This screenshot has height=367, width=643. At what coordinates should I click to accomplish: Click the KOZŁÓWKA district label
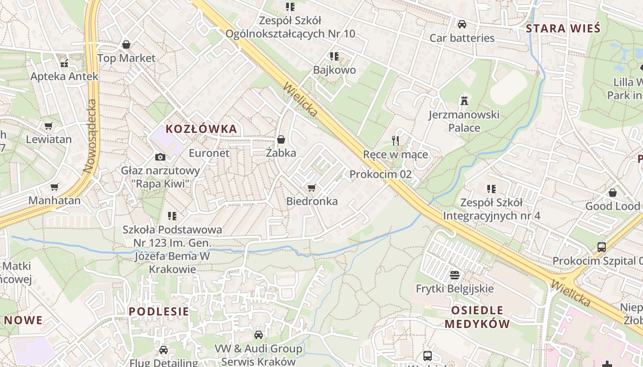pyautogui.click(x=201, y=129)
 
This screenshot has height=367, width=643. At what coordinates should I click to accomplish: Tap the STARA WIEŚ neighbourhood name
pyautogui.click(x=563, y=28)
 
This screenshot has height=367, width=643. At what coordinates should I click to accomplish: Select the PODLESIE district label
pyautogui.click(x=158, y=311)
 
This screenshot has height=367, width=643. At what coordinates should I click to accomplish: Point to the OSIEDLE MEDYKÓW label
pyautogui.click(x=477, y=317)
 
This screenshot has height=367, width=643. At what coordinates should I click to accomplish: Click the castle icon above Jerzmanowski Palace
pyautogui.click(x=464, y=100)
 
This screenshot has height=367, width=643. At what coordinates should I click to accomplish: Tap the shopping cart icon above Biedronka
pyautogui.click(x=312, y=188)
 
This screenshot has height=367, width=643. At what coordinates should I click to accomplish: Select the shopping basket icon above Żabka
pyautogui.click(x=281, y=139)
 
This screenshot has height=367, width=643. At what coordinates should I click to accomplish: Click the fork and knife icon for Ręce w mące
pyautogui.click(x=395, y=140)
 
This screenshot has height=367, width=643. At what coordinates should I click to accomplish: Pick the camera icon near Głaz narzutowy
pyautogui.click(x=160, y=157)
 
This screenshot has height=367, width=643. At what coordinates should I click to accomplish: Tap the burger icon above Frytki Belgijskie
pyautogui.click(x=455, y=275)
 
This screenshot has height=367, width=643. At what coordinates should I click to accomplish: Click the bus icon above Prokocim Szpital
pyautogui.click(x=602, y=247)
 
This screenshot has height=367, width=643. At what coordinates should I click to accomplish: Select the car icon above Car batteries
pyautogui.click(x=462, y=24)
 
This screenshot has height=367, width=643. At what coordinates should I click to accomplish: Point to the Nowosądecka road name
pyautogui.click(x=90, y=136)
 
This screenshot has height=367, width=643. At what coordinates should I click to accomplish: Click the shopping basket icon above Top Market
pyautogui.click(x=126, y=44)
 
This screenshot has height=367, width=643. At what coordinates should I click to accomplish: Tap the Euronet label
pyautogui.click(x=209, y=153)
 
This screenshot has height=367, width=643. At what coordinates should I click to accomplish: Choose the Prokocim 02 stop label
pyautogui.click(x=380, y=174)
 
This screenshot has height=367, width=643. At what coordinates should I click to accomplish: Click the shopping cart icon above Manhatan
pyautogui.click(x=55, y=187)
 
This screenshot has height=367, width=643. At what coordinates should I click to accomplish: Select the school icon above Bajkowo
pyautogui.click(x=334, y=56)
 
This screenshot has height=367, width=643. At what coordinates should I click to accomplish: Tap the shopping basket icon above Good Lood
pyautogui.click(x=612, y=193)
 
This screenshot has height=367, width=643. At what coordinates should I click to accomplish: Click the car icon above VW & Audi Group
pyautogui.click(x=259, y=335)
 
